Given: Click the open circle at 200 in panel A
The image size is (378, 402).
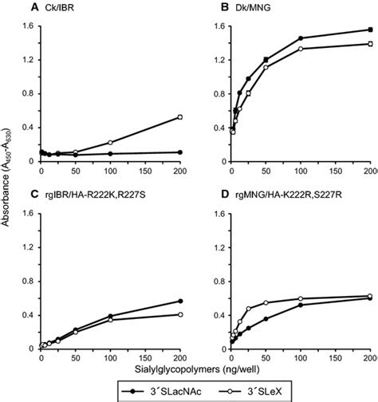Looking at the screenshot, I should [180, 117].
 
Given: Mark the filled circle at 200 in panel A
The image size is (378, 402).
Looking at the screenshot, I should [180, 152].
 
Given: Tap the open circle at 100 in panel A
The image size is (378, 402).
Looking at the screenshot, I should [110, 143].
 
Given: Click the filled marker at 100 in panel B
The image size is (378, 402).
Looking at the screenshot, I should [301, 38].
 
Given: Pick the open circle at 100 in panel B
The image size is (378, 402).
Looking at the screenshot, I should [301, 49].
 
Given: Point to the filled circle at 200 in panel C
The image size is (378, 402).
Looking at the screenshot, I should [180, 301].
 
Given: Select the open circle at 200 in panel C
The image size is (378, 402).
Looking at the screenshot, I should [180, 314].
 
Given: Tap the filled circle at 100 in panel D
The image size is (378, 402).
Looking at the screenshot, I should [301, 305].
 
